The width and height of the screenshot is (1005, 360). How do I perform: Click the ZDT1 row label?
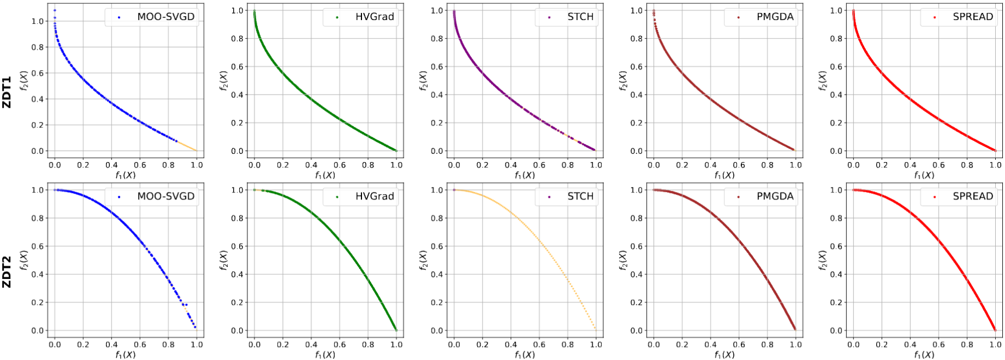[7, 92]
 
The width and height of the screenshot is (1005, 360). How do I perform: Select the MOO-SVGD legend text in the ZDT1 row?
[166, 17]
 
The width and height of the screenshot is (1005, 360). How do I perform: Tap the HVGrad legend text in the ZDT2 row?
[374, 196]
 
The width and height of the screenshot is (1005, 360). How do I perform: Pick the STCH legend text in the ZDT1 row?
[580, 17]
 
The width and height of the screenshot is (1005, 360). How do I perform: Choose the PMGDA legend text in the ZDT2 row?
[775, 196]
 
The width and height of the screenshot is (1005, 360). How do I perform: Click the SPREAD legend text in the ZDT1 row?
[973, 17]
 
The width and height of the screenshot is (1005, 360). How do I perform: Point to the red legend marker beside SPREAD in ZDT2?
[934, 197]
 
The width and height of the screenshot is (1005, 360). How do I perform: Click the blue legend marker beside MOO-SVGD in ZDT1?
[119, 17]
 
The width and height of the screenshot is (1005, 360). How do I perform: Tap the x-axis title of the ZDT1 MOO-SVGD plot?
[126, 175]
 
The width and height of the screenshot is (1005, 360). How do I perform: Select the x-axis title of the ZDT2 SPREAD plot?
[924, 355]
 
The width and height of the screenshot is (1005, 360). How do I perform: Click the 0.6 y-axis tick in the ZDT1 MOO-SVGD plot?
[38, 73]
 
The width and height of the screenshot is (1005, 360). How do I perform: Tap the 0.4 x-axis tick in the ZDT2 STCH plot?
[511, 344]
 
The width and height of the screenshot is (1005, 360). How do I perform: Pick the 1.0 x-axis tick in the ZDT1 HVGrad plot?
[396, 165]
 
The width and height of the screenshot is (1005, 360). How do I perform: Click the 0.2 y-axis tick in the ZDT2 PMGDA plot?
[637, 302]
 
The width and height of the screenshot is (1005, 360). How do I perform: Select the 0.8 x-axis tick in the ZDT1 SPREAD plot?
[967, 165]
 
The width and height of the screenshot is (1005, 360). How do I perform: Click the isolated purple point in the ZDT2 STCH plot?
[454, 190]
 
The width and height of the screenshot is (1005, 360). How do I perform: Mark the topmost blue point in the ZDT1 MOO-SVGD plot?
[54, 10]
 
